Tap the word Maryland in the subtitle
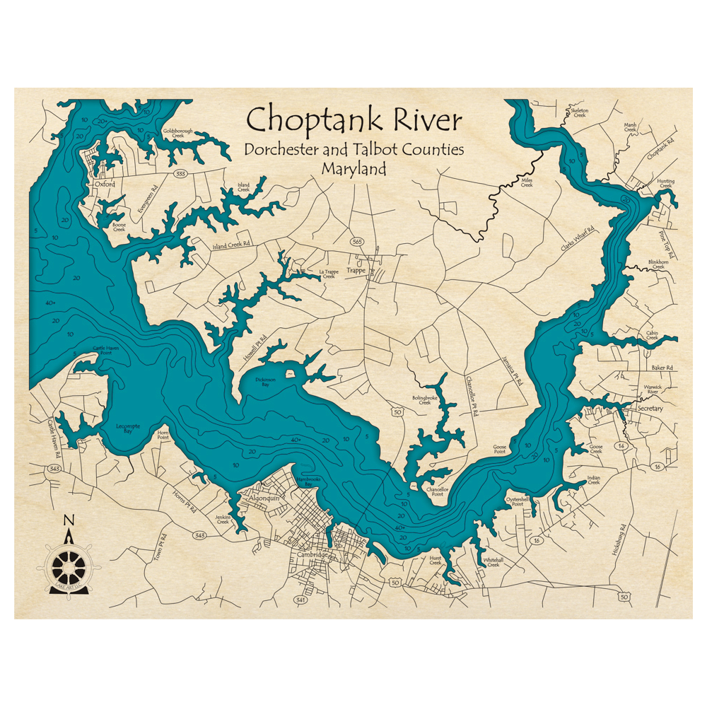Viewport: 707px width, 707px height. [x=353, y=170]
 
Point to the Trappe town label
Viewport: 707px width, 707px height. [x=356, y=269]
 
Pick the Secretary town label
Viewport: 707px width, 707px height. [x=650, y=409]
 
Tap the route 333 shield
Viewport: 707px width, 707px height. [x=181, y=173]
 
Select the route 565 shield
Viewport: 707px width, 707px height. [x=357, y=242]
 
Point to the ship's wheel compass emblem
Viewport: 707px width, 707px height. [x=69, y=566]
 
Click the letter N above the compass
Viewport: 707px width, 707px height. [x=69, y=521]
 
